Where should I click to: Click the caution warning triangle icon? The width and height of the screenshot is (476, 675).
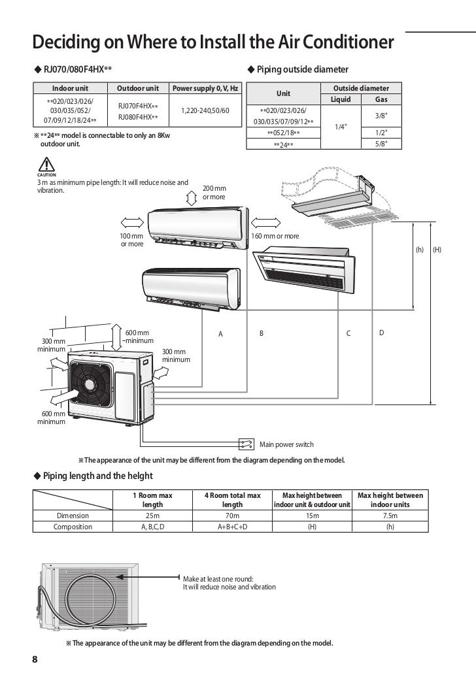coord(46,165)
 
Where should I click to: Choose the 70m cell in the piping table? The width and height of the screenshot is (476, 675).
coord(232,516)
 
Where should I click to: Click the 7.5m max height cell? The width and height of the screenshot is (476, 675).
coord(390,516)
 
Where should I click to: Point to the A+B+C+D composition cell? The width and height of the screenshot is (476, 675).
coord(232,527)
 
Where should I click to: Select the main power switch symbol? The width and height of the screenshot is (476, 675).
coord(246,444)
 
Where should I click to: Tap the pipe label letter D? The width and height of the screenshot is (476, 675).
coord(382,333)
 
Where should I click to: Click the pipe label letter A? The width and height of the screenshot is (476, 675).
coord(220,334)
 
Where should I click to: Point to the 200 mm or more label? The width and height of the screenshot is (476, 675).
coord(214,192)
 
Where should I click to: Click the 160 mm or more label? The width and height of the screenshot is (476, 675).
coord(275,236)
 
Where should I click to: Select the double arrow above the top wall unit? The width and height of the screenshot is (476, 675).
coord(190,198)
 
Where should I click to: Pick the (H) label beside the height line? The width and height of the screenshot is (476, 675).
coord(437,249)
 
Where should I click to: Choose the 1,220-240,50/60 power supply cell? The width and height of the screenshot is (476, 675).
coord(205,111)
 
